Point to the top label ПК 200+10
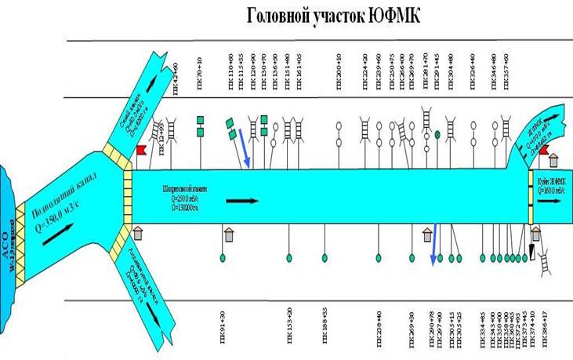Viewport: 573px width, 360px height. [339, 64]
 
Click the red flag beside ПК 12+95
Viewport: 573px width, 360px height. [143, 150]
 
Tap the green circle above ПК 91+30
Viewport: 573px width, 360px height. [223, 257]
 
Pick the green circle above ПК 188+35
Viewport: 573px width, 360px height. [325, 257]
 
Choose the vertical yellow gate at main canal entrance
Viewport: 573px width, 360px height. [127, 195]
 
